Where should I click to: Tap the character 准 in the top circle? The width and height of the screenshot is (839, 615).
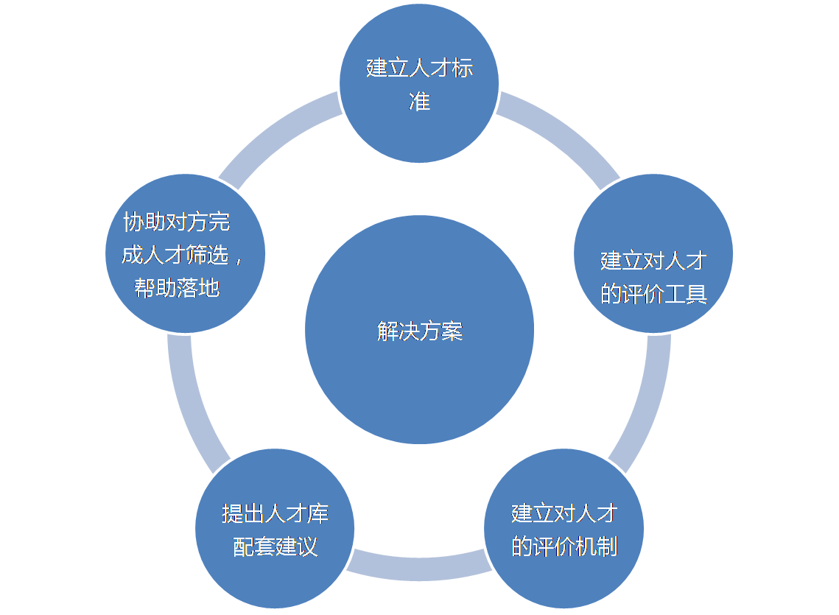(419, 102)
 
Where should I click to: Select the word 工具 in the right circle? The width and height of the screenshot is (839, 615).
(686, 294)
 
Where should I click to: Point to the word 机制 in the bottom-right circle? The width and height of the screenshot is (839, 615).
(597, 547)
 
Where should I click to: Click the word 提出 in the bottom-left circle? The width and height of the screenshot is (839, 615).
(243, 513)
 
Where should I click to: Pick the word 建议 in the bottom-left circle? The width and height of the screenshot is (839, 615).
(296, 547)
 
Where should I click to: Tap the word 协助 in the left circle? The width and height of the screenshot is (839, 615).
(144, 222)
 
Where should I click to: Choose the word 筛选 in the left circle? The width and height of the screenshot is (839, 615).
(208, 255)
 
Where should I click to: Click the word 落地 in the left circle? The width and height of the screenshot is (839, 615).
(199, 288)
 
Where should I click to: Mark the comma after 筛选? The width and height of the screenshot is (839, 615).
(238, 259)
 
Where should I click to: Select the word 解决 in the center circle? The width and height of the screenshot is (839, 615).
(398, 331)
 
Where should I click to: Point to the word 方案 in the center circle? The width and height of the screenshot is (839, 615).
(441, 331)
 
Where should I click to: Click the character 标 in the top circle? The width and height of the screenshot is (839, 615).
(462, 68)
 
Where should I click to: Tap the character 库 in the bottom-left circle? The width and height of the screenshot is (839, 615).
(317, 513)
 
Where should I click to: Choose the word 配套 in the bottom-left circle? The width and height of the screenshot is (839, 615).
(253, 547)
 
